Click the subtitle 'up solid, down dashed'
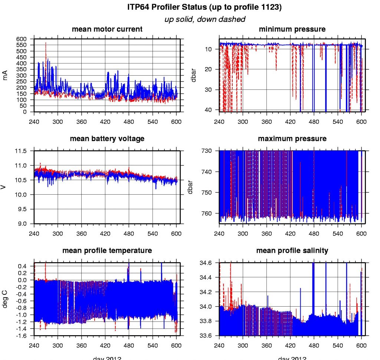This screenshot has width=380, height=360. point(205,19)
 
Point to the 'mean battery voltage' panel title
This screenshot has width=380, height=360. point(107,139)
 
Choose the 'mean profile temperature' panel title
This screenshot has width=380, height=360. point(107,251)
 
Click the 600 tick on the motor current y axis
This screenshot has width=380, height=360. point(22,39)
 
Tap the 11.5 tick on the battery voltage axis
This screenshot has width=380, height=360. point(21,151)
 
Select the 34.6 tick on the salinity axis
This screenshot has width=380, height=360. point(206,263)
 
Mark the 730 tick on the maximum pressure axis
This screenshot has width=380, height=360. point(207,151)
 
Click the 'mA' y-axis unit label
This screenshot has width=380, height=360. point(5,75)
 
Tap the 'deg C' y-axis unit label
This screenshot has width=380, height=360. point(5,298)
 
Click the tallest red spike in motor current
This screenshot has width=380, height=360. point(46,43)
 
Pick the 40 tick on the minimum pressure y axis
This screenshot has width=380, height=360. point(208,110)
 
